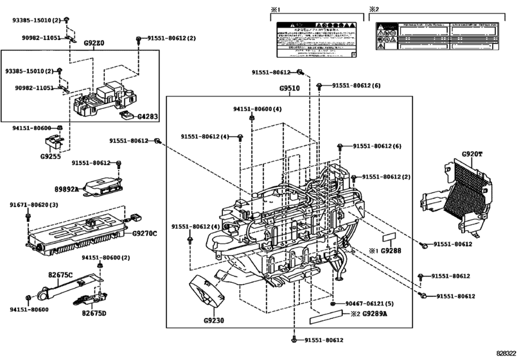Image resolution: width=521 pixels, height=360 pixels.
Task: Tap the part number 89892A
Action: click(66, 189)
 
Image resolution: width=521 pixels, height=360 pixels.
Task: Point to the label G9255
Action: click(51, 156)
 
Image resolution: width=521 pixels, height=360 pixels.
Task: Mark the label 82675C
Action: click(61, 275)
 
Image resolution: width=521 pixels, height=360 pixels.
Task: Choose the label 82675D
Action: click(94, 313)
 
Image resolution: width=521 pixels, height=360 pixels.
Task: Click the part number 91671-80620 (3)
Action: click(33, 204)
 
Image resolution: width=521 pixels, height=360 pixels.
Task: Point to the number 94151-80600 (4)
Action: click(258, 109)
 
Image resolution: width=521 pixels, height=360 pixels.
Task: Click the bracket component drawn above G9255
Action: click(55, 142)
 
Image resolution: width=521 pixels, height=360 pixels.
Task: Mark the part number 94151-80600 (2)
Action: click(105, 258)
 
